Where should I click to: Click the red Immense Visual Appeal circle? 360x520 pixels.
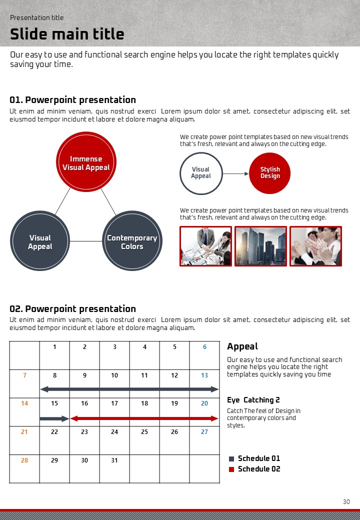pos(86,161)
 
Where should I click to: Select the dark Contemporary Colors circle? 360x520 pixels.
pos(132,241)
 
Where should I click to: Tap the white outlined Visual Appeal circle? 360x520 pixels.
pos(200,173)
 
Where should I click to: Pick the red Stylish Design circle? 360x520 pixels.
pos(270,173)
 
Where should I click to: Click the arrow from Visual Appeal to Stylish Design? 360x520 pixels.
pos(235,173)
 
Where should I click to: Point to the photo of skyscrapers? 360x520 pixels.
pos(260,246)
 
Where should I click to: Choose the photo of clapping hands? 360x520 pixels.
pos(315,246)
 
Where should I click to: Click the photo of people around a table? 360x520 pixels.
pos(205,246)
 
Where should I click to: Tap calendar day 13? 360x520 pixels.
pos(204,375)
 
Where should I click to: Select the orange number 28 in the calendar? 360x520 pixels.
pos(24,460)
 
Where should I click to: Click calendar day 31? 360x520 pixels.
pos(114,460)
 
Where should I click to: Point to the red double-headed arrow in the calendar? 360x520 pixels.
pos(144,418)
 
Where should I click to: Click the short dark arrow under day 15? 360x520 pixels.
pos(54,418)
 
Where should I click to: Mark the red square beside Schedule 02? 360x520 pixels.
pos(231,469)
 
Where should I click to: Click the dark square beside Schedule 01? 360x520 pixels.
pos(231,458)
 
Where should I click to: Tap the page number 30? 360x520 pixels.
pos(346,502)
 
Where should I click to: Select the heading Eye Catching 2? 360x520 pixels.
pos(253,400)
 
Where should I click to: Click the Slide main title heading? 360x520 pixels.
pos(67,34)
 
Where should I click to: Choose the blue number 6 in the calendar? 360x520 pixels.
pos(204,347)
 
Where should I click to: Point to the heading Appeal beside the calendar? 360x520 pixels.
pos(242,346)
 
